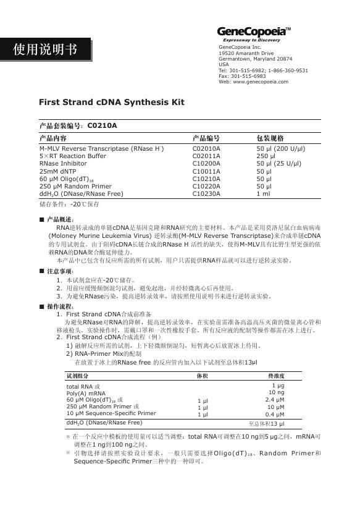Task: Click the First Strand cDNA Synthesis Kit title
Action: (111, 102)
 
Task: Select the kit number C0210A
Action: (103, 126)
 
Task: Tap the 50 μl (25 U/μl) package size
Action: (278, 164)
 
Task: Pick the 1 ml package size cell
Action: (263, 193)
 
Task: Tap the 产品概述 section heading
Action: (60, 220)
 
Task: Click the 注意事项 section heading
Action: (60, 271)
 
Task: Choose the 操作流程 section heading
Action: (60, 307)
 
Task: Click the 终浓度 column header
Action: (276, 375)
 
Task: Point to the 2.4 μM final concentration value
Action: (275, 400)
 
